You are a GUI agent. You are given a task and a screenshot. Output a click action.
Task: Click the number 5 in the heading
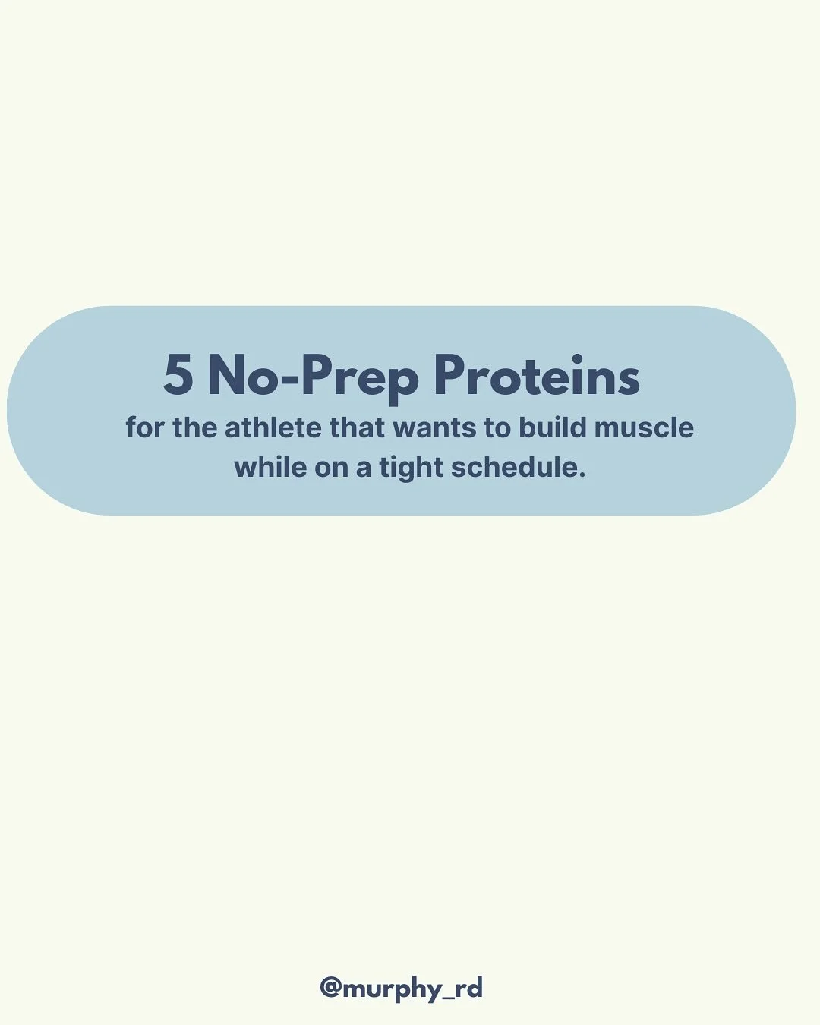tap(178, 376)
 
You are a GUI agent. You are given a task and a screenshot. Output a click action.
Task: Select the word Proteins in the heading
tap(537, 376)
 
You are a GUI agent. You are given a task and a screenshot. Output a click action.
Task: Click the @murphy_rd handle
tap(401, 989)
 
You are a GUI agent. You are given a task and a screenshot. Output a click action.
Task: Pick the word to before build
tap(497, 429)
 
